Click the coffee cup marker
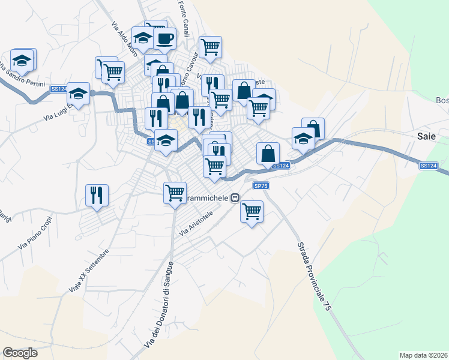click(164, 39)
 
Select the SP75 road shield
click(261, 186)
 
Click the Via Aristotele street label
click(197, 224)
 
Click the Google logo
click(20, 353)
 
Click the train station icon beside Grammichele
click(236, 197)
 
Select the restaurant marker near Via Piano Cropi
click(97, 195)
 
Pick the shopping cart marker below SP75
click(252, 211)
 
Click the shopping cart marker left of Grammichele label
click(175, 193)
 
